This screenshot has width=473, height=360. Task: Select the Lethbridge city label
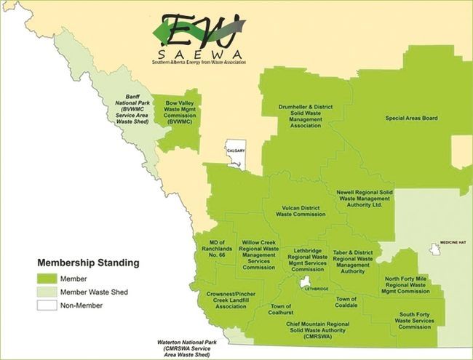click(316, 289)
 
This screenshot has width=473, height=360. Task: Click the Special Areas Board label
click(411, 118)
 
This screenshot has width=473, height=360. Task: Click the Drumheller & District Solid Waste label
click(306, 116)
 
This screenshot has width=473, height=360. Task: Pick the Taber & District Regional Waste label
click(353, 262)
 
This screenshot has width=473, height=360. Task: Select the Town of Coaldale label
click(346, 303)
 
